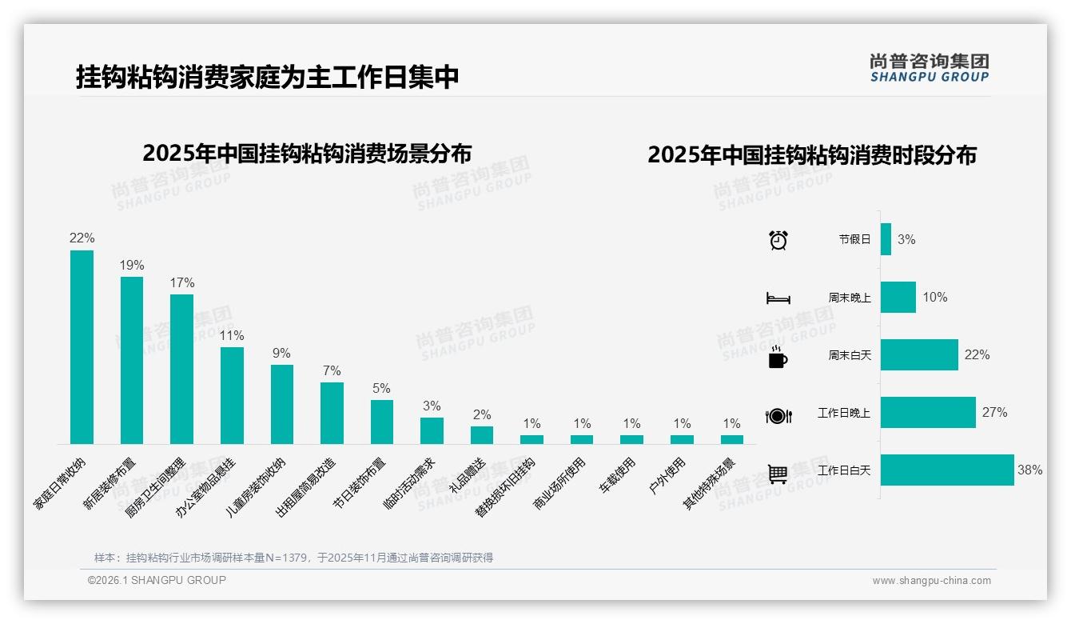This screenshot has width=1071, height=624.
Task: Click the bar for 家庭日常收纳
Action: [x=82, y=347]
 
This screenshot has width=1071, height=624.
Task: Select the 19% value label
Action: [x=132, y=265]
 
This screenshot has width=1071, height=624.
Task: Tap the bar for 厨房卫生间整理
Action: [x=181, y=369]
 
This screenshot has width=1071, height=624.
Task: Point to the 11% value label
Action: [x=232, y=335]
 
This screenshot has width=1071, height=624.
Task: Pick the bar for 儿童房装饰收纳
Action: [x=282, y=404]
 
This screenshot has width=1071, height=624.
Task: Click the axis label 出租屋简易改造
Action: [x=307, y=487]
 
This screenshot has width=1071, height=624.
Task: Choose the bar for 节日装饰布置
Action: [x=382, y=422]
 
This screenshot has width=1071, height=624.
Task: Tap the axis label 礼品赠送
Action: [x=467, y=476]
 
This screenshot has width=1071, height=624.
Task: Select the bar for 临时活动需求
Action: [x=432, y=430]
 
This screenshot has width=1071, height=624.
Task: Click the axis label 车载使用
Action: [x=618, y=475]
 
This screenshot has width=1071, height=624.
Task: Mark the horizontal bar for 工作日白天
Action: [x=947, y=470]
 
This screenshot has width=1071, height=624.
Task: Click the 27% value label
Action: [x=995, y=413]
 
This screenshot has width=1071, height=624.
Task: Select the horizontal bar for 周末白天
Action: [x=919, y=355]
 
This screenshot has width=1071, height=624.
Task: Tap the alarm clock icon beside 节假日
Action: [x=778, y=240]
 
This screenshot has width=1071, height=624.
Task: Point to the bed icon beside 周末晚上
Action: [x=778, y=298]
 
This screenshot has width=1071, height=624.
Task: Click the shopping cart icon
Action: [x=778, y=474]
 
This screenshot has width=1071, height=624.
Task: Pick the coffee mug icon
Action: [x=778, y=358]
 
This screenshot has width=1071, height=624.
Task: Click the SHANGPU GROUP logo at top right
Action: [x=930, y=67]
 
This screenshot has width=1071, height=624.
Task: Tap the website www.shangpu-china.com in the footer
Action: [x=931, y=581]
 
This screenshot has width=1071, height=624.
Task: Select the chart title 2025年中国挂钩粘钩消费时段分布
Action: [x=812, y=155]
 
